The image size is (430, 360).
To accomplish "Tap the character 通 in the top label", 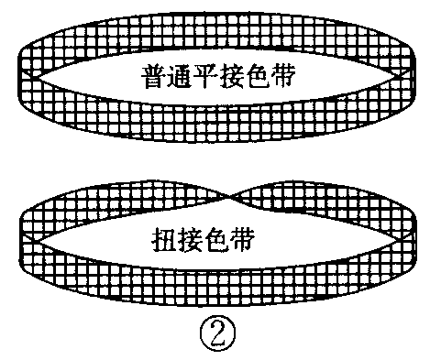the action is [x=181, y=74].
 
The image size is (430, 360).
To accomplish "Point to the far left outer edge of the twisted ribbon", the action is [x=20, y=240].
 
